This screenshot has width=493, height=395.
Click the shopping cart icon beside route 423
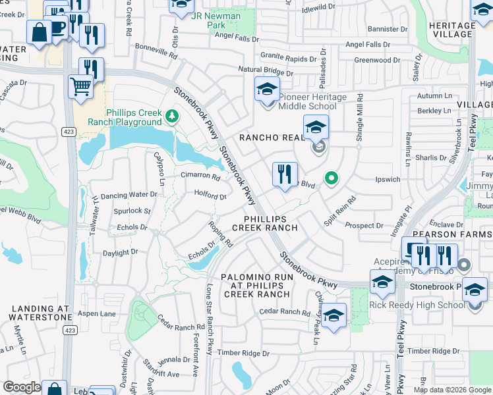(80, 86)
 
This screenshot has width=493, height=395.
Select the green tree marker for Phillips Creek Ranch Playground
(172, 116)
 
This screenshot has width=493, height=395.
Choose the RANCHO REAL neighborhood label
(270, 137)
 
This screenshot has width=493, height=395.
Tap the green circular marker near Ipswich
(332, 178)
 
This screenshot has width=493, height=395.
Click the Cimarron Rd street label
(200, 176)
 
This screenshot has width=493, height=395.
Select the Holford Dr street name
(210, 196)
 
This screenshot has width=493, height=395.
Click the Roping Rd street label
(221, 234)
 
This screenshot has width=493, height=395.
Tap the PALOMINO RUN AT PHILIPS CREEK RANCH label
(256, 286)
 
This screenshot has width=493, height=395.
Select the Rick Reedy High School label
(417, 305)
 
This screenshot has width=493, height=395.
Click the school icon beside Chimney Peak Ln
(334, 316)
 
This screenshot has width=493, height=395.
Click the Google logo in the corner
(22, 387)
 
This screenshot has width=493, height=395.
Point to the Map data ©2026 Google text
(451, 390)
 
